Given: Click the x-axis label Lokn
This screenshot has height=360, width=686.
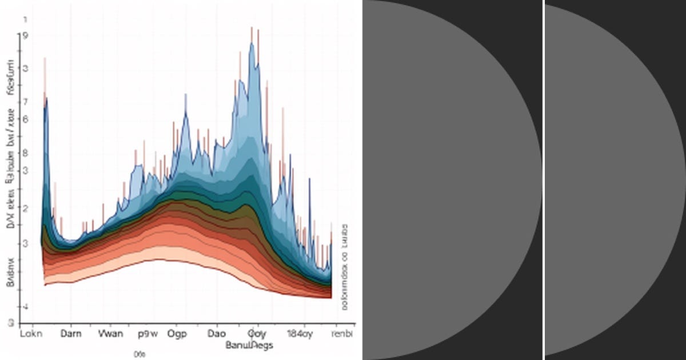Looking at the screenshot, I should pyautogui.click(x=31, y=334).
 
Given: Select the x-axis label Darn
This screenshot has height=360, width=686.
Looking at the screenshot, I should pyautogui.click(x=71, y=334).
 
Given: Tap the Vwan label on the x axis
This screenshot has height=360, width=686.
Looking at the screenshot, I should pyautogui.click(x=110, y=334).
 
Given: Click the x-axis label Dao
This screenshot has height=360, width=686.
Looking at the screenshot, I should pyautogui.click(x=216, y=334).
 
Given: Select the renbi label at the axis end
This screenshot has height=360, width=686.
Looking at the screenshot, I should pyautogui.click(x=342, y=334).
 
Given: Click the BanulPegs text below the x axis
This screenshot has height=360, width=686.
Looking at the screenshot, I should pyautogui.click(x=249, y=345).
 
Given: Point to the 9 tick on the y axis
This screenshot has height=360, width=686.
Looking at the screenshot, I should pyautogui.click(x=24, y=35).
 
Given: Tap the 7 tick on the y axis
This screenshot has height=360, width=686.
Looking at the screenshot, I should pyautogui.click(x=25, y=102).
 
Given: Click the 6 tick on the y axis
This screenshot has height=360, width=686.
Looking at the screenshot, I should pyautogui.click(x=25, y=119).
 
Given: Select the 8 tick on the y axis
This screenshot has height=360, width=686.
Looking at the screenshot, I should pyautogui.click(x=25, y=153).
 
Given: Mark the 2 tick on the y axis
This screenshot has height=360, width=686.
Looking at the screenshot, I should pyautogui.click(x=25, y=209).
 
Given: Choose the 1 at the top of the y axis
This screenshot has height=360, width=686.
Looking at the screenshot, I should pyautogui.click(x=25, y=19).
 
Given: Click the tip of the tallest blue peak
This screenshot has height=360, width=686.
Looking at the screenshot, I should pyautogui.click(x=252, y=43).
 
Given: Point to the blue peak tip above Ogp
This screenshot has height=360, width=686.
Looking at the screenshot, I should pyautogui.click(x=185, y=111).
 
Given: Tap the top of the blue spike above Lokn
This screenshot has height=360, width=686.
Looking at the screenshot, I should pyautogui.click(x=46, y=98).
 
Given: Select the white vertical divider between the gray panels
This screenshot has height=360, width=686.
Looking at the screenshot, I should pyautogui.click(x=543, y=180).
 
